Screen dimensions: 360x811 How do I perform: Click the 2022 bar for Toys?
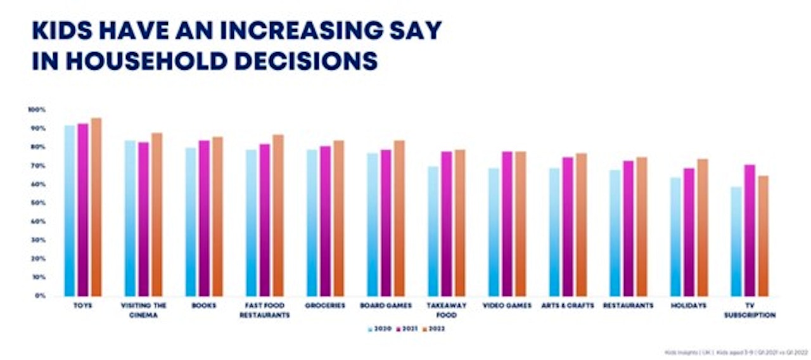[96, 207]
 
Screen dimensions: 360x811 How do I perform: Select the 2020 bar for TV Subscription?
[736, 241]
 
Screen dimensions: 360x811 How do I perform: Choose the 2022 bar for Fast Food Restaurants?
[278, 215]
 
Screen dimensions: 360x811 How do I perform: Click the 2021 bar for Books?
[204, 218]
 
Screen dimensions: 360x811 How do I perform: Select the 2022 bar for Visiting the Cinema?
[157, 214]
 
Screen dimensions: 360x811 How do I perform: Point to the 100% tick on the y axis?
[37, 110]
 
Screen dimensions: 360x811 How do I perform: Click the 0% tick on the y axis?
[39, 296]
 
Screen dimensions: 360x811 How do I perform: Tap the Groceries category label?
[325, 305]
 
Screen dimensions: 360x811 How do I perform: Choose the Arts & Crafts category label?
[568, 305]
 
